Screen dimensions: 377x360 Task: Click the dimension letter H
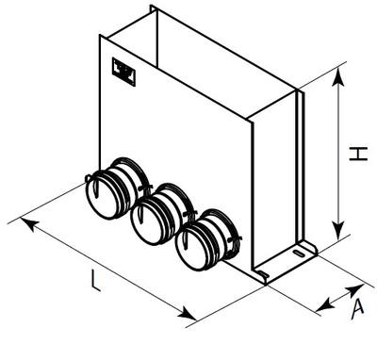coord(358,154)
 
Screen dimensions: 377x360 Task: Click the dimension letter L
coord(96,281)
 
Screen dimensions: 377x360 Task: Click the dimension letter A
coord(357,309)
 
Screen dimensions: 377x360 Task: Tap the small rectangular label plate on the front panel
coord(123,72)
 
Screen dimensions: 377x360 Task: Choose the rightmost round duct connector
coord(205,240)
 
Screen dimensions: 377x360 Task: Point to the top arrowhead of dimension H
coord(338,76)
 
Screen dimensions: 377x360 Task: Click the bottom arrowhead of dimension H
coord(338,230)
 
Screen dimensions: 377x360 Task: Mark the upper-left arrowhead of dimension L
coord(29,223)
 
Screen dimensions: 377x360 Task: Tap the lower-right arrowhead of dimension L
coord(188,313)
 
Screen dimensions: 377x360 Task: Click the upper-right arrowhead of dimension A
coord(355,289)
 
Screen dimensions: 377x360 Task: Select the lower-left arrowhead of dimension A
coord(324,306)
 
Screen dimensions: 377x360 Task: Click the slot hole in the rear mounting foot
coord(299,253)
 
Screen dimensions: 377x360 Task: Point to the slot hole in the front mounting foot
coord(263,273)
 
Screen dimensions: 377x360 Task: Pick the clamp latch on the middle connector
coord(189,214)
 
